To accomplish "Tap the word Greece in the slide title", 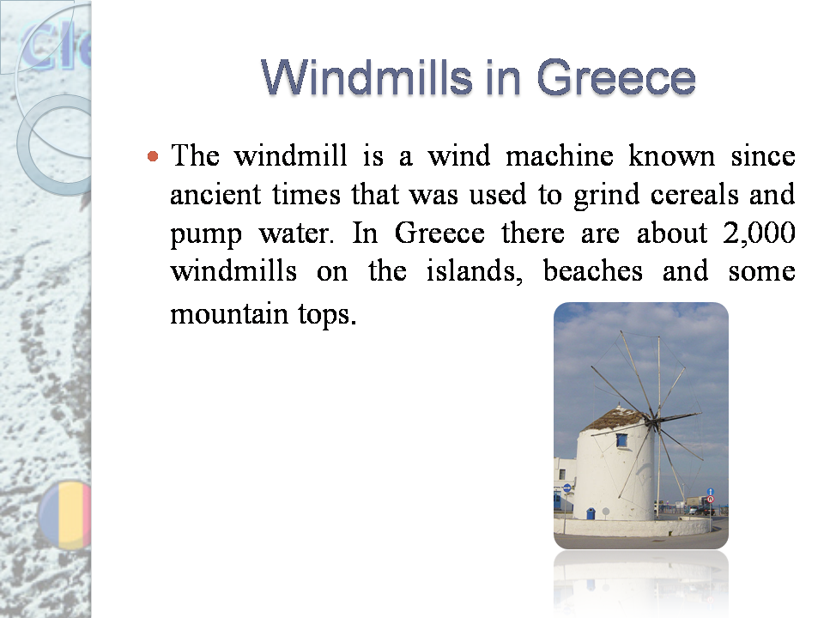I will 615,78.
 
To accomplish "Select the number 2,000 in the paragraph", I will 760,233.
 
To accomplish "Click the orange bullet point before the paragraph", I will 153,157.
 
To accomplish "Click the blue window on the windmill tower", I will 621,440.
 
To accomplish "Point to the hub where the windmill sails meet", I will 654,421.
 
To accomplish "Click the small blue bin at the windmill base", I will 591,512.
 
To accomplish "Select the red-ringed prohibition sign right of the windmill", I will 710,499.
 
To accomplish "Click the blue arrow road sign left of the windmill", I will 566,488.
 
